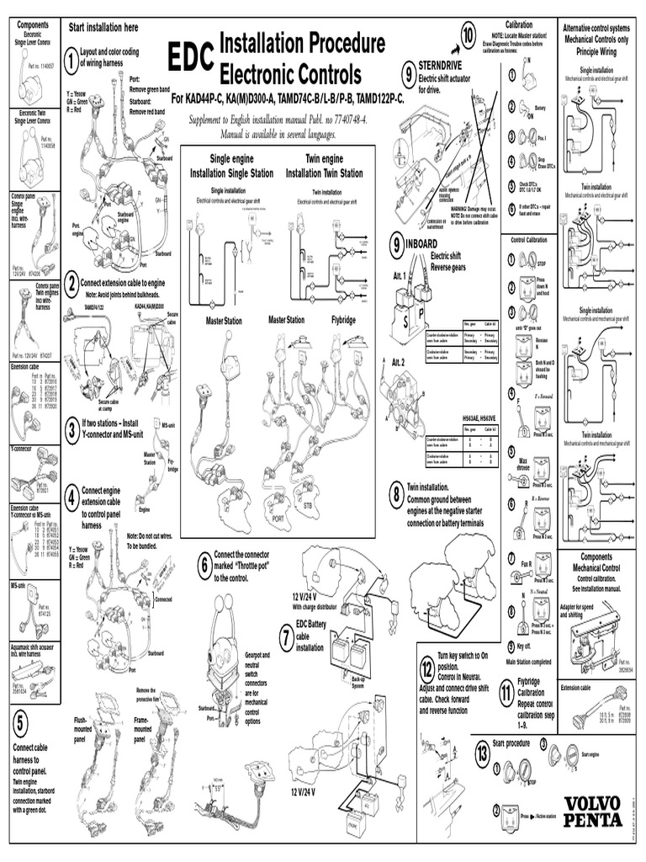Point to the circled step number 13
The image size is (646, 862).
[x=482, y=751]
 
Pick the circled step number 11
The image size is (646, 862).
[x=506, y=692]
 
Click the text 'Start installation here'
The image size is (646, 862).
[x=103, y=28]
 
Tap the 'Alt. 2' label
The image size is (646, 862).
[x=400, y=361]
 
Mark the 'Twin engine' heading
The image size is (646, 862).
[x=325, y=158]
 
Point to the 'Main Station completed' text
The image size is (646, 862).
[x=528, y=661]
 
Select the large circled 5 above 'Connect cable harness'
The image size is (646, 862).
[x=22, y=721]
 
